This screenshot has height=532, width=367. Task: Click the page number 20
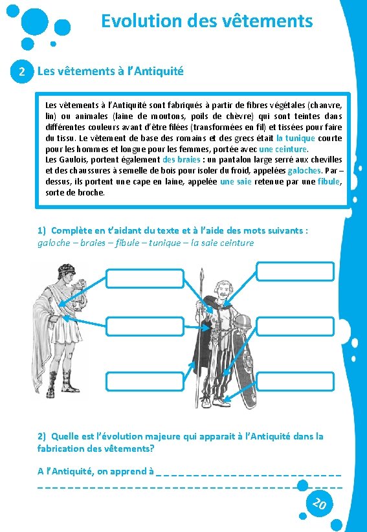click(319, 504)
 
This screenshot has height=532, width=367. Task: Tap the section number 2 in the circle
click(22, 72)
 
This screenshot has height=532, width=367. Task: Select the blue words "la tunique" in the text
click(295, 139)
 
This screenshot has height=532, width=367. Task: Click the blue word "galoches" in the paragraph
click(304, 170)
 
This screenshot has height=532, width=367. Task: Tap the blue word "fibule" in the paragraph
click(328, 181)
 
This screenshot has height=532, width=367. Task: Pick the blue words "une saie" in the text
click(236, 181)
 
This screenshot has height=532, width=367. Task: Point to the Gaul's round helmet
click(242, 322)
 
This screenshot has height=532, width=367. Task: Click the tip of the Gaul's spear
click(202, 269)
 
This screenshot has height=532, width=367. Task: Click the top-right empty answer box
click(295, 271)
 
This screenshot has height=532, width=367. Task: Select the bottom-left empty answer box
click(145, 381)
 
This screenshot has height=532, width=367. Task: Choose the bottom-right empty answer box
click(295, 381)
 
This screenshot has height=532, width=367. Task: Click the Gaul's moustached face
click(222, 291)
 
